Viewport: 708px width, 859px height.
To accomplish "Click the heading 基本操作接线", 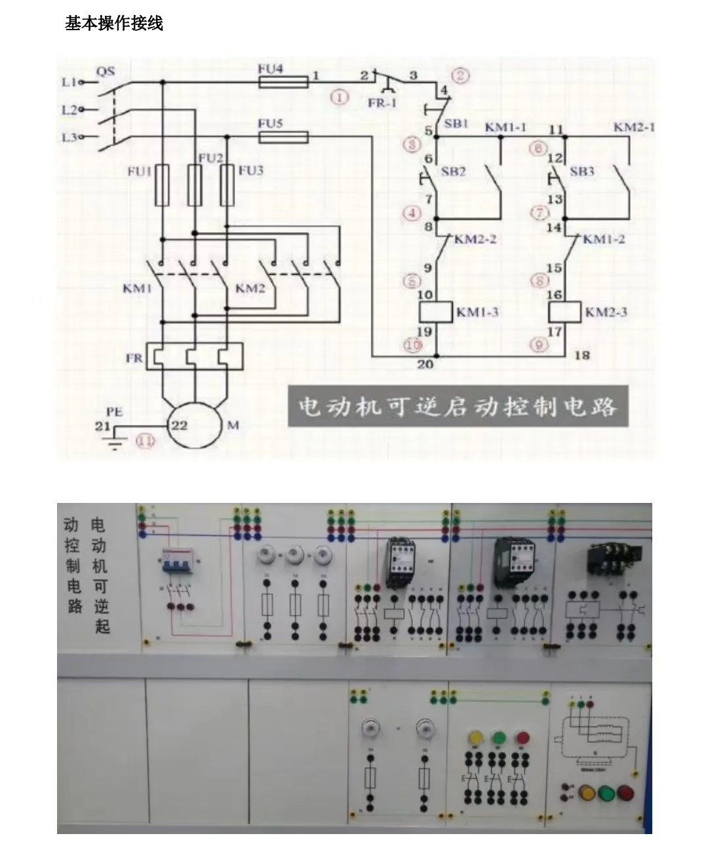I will pos(113,24).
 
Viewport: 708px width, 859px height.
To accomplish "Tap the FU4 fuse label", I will pos(270,68).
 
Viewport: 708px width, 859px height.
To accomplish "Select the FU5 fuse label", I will pos(270,123).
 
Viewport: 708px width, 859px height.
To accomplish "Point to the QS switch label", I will pos(105,71).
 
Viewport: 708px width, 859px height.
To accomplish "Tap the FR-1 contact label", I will pos(382,103).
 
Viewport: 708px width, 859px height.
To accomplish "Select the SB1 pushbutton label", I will pos(456,123).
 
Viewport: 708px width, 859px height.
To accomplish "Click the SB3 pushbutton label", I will pos(581,171).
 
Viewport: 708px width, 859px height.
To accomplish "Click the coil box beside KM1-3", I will pos(436,312).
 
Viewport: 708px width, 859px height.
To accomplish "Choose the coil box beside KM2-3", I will pos(564,312).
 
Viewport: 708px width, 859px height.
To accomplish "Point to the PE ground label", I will pos(114,412).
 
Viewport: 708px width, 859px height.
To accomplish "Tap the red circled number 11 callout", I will pos(145,441).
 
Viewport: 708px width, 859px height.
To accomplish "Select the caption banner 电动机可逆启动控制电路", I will pos(458,407).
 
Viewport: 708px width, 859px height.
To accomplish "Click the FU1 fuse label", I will pos(139,171).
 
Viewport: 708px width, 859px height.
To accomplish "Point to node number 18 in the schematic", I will pos(581,355).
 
